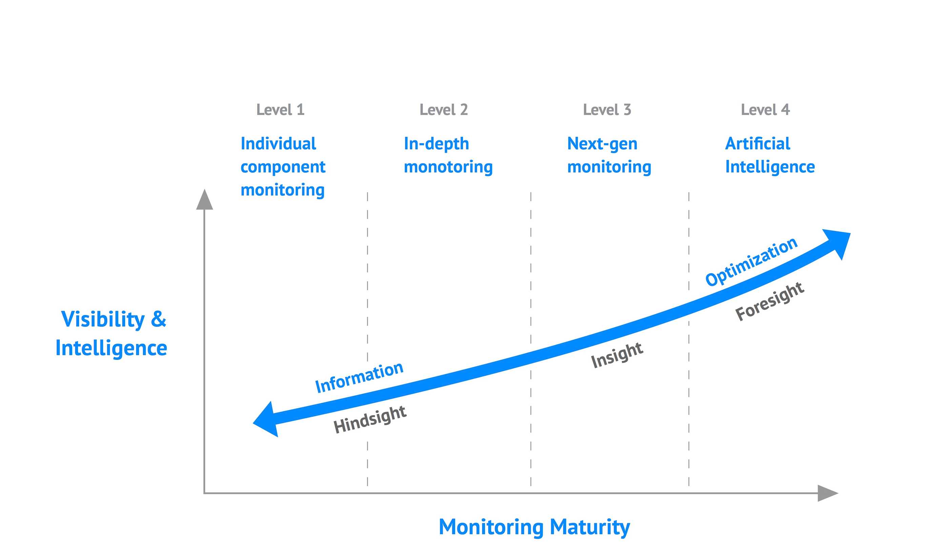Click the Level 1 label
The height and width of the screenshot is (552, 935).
pos(280,110)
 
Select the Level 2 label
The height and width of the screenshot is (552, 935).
pos(444,110)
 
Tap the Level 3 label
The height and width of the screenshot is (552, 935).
pos(607,110)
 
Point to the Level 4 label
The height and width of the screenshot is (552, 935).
pos(765,110)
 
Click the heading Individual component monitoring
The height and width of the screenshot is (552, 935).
pos(283,167)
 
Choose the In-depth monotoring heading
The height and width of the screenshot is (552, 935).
pos(448,155)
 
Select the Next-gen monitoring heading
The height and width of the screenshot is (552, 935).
pos(609,155)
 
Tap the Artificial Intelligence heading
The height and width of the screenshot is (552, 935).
pos(770,155)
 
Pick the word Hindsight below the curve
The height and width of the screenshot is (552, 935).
pos(369,419)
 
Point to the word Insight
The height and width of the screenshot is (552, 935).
pos(617,355)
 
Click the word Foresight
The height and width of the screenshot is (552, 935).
pos(769,301)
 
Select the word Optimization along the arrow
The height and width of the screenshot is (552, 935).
pos(751,262)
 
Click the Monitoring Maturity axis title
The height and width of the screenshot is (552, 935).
pos(534,527)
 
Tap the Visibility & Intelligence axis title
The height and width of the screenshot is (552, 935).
pos(112,334)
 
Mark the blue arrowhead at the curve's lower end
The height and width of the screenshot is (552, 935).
pos(266,420)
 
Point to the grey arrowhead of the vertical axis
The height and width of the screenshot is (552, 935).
pos(204,201)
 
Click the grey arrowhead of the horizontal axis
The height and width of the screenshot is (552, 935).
pos(827,493)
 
